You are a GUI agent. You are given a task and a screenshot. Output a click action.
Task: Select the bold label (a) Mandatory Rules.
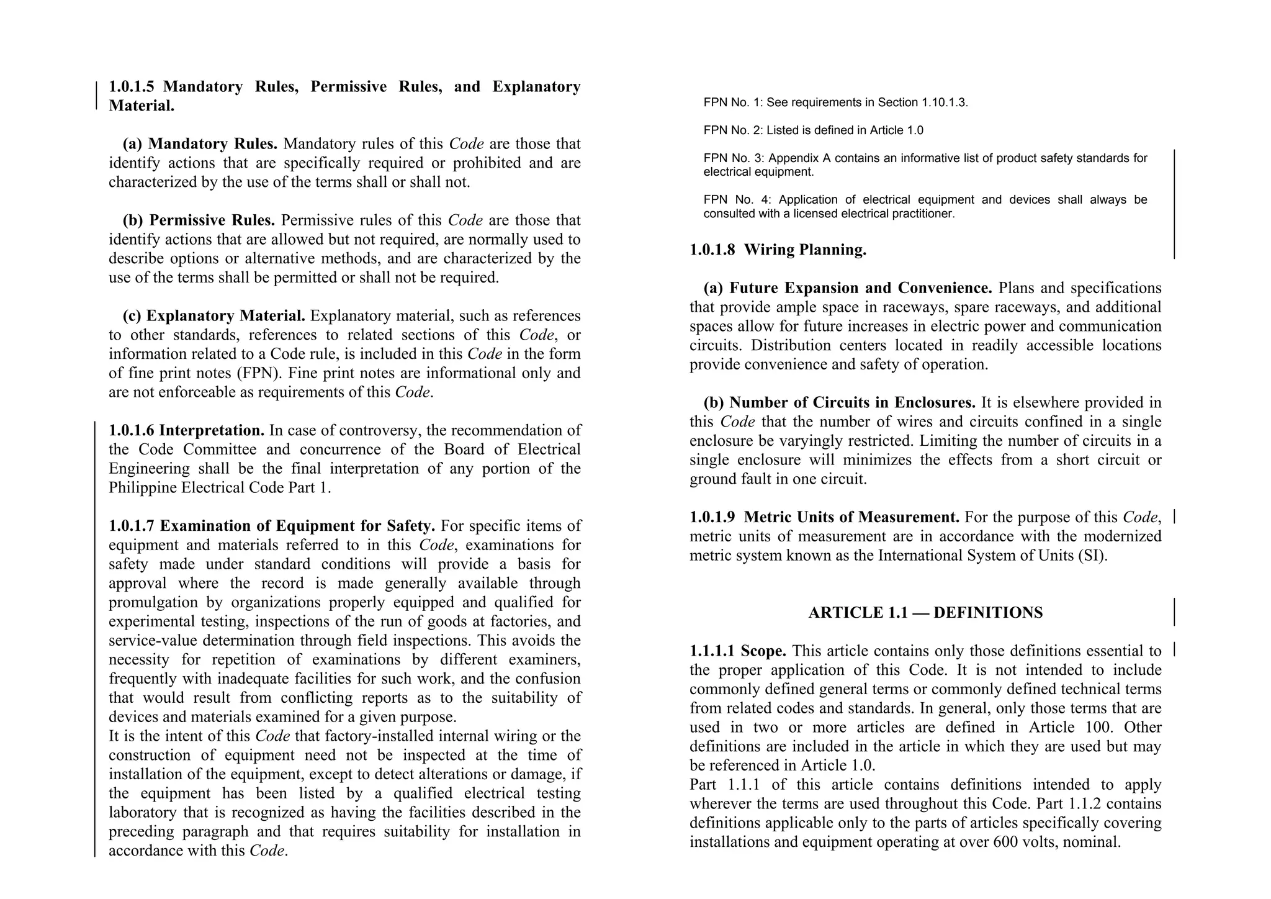(x=200, y=144)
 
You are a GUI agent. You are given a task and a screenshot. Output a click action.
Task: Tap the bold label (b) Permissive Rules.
(x=199, y=220)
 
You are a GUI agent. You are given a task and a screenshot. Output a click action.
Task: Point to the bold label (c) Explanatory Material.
(x=213, y=316)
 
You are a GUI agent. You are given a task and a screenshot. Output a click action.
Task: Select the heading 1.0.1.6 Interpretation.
(x=187, y=430)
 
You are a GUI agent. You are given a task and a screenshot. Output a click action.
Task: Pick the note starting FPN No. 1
(x=835, y=102)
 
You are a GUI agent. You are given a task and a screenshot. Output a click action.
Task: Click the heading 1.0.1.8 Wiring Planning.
(x=778, y=250)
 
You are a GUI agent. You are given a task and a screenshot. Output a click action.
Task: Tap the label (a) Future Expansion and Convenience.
(x=848, y=288)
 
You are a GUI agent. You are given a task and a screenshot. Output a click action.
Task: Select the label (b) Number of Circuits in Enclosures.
(x=840, y=403)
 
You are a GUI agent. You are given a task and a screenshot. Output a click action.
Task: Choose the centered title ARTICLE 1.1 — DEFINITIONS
(x=925, y=613)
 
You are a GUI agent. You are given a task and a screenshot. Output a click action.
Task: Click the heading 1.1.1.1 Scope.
(x=738, y=651)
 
